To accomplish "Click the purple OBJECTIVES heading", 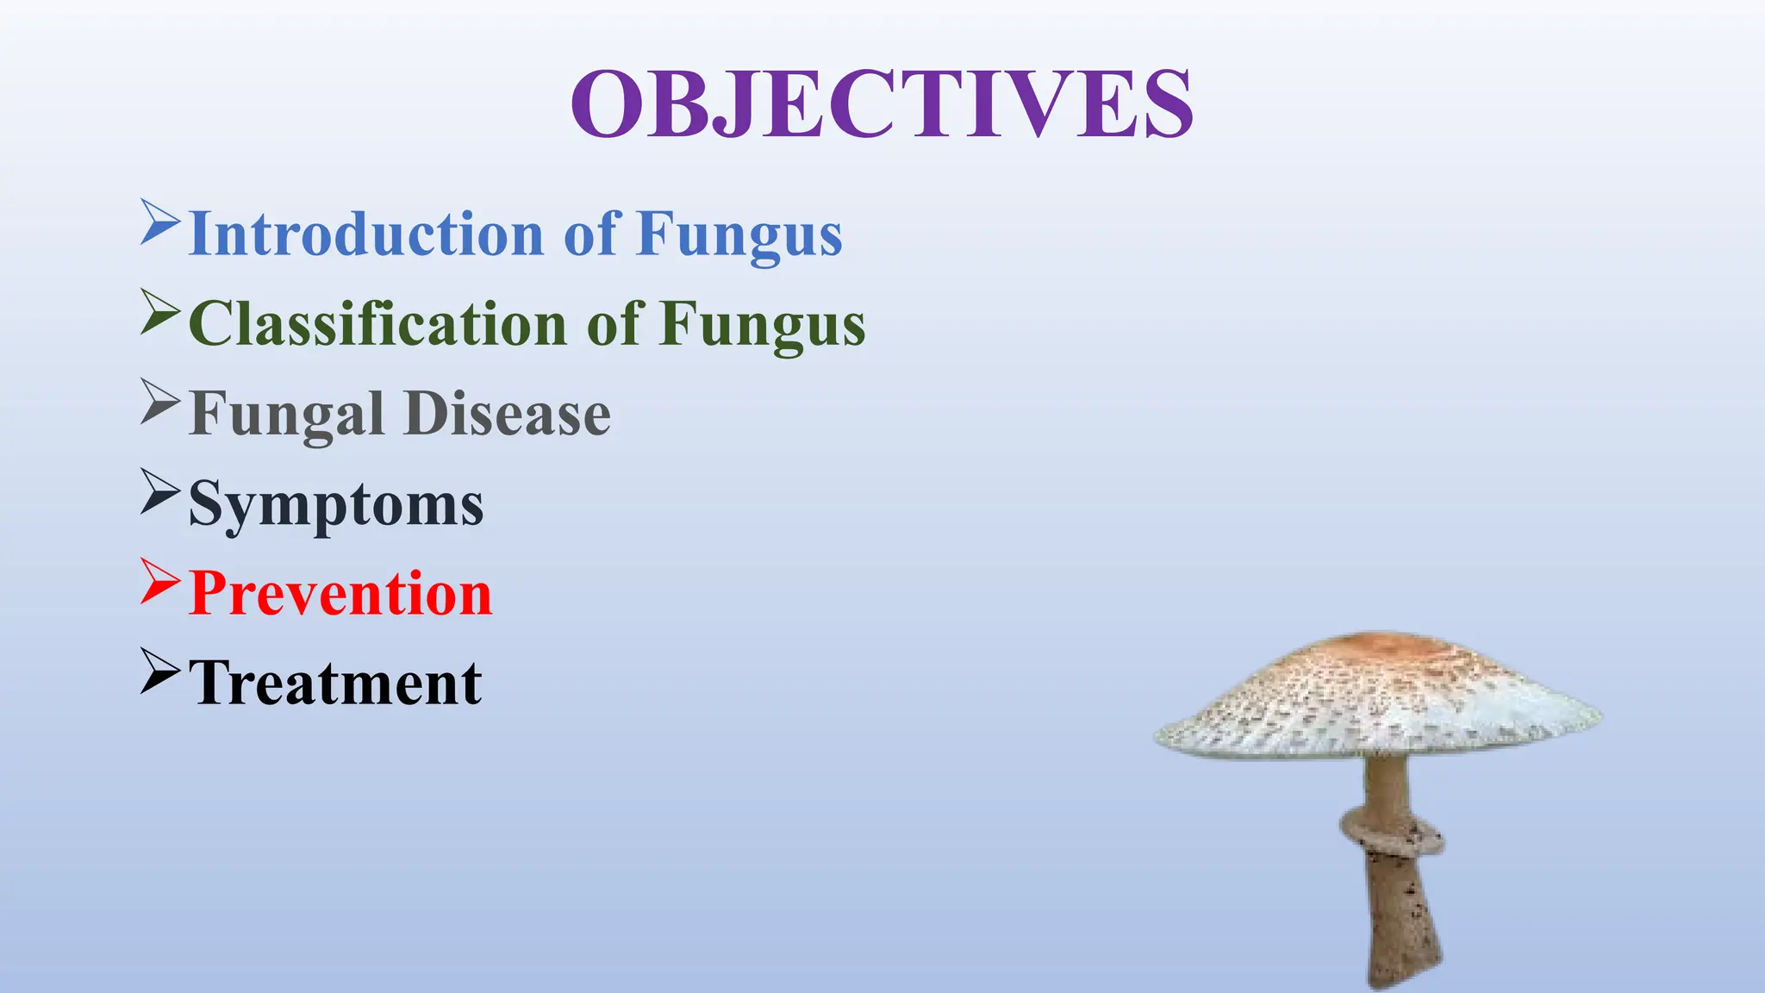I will [882, 104].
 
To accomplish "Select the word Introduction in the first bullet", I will [365, 234].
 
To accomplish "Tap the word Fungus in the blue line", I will [739, 234].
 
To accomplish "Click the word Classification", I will [377, 324].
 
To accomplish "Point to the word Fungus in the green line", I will [762, 324].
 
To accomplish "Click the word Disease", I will [508, 415].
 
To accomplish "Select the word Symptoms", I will [336, 504].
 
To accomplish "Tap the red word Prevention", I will [340, 594].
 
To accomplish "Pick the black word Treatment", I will [335, 684].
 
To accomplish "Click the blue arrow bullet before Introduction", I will [159, 222].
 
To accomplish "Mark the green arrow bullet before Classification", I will [159, 311].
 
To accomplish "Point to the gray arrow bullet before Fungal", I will [159, 402].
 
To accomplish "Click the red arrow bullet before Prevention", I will [159, 581].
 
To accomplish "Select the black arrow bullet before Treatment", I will [159, 671].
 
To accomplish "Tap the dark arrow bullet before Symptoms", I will [159, 491].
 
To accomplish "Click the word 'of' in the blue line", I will [591, 234].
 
